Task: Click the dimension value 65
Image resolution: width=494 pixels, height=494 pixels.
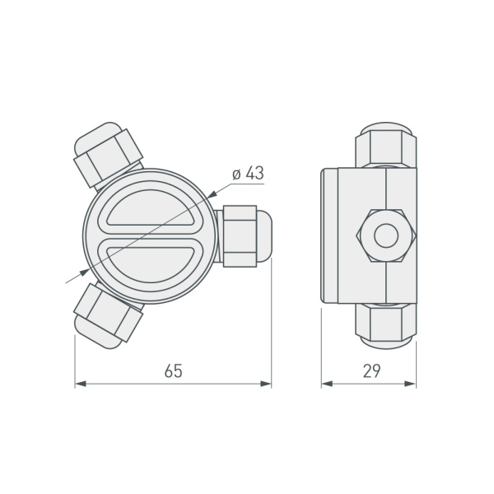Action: tap(172, 370)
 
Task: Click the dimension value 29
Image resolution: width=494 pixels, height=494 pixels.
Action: tap(370, 370)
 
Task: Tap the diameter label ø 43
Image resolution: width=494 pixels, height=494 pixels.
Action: tap(247, 174)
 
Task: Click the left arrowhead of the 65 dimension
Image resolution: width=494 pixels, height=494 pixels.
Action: tap(80, 384)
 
